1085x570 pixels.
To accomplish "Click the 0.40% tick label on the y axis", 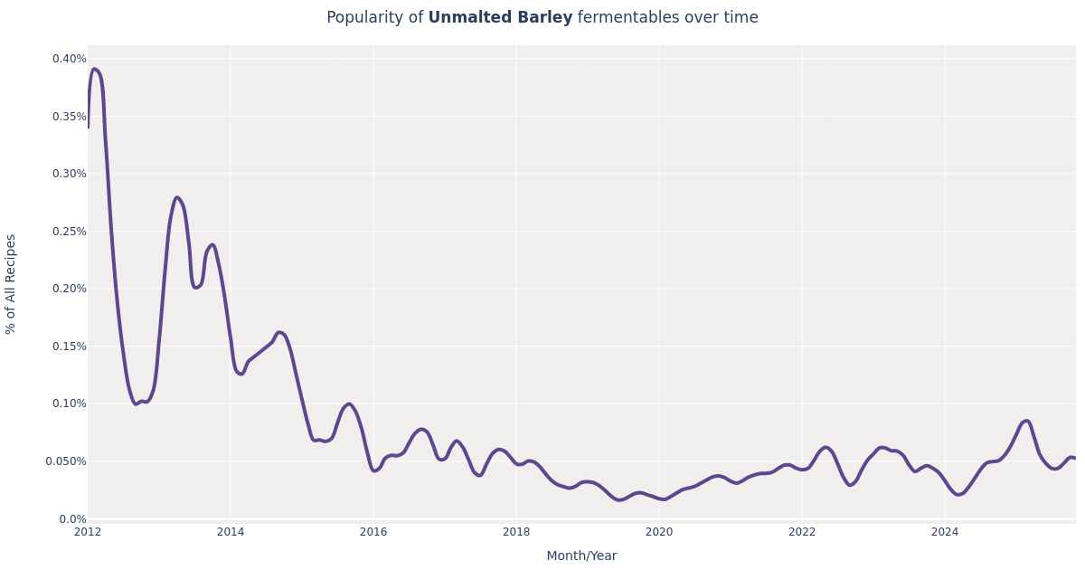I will (69, 59).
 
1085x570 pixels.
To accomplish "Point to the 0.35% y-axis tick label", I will (69, 117).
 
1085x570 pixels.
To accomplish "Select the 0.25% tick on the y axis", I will (69, 232).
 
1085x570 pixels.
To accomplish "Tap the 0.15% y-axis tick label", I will (69, 347).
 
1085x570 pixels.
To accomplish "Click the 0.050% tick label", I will (66, 461).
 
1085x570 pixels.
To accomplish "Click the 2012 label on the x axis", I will (88, 532).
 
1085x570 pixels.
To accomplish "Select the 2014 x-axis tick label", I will (231, 532).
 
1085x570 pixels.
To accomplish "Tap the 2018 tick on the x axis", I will (516, 532).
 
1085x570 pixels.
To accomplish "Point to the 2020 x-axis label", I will (659, 532).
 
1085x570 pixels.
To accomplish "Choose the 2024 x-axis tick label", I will (945, 532).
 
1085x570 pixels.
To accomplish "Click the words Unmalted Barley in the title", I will (500, 18).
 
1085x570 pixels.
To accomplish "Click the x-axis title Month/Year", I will (581, 556).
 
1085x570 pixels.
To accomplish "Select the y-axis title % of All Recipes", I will (12, 284).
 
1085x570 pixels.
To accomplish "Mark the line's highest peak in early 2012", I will (94, 69).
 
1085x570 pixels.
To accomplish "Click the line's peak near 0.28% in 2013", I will (177, 197).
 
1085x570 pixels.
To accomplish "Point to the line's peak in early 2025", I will (1026, 421).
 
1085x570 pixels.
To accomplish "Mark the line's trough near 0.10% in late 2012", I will (137, 404).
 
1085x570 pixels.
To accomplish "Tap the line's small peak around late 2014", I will (279, 332).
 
